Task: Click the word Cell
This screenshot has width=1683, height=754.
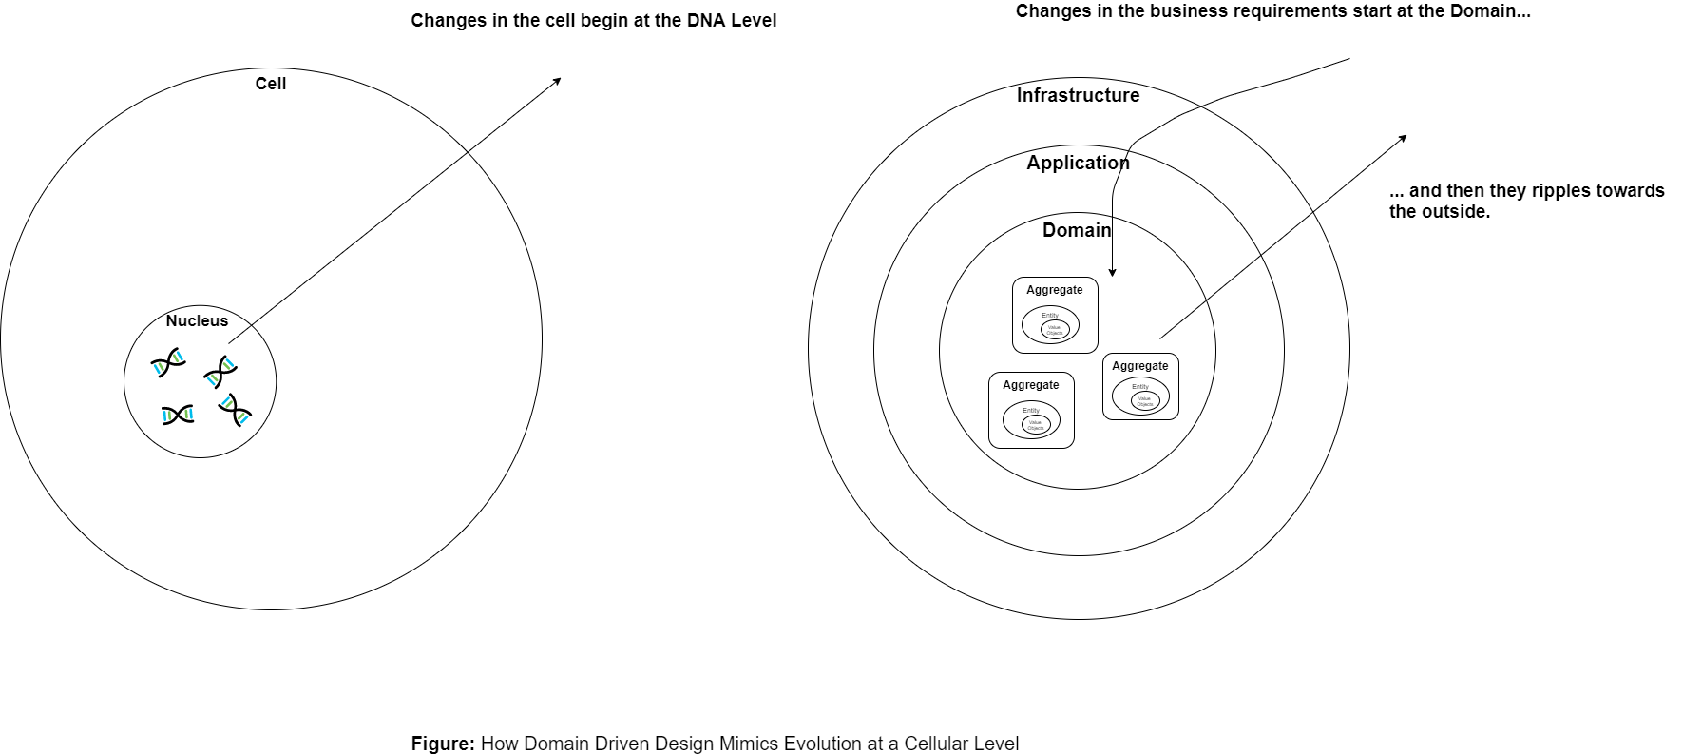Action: (x=271, y=84)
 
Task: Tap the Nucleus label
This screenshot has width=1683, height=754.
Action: (x=197, y=320)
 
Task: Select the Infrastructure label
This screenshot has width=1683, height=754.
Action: (x=1078, y=95)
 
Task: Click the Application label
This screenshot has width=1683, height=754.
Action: (x=1078, y=163)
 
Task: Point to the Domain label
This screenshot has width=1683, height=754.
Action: (x=1077, y=230)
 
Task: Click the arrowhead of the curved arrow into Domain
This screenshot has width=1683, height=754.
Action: (x=1112, y=273)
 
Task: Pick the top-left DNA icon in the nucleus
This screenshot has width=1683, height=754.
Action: (x=168, y=362)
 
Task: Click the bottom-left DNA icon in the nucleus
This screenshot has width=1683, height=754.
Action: (x=178, y=415)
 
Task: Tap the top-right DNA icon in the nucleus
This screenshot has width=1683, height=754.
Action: (x=220, y=371)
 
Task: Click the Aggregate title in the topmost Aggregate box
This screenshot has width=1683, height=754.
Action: (x=1054, y=290)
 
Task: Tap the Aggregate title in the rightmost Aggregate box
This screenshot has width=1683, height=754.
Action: (x=1139, y=366)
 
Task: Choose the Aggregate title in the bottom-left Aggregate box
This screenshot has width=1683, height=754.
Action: (x=1030, y=385)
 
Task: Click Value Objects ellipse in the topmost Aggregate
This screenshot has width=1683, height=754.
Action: (x=1055, y=330)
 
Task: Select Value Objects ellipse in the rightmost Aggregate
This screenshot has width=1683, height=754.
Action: (x=1145, y=402)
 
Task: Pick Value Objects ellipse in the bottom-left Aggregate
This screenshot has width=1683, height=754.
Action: (x=1035, y=425)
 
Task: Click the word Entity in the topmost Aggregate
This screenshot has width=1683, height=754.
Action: (x=1049, y=316)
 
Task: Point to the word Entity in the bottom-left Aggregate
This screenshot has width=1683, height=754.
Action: (x=1031, y=411)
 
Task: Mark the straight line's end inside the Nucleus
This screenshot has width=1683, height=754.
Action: (x=229, y=342)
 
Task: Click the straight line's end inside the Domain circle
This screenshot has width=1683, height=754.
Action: (x=1160, y=338)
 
